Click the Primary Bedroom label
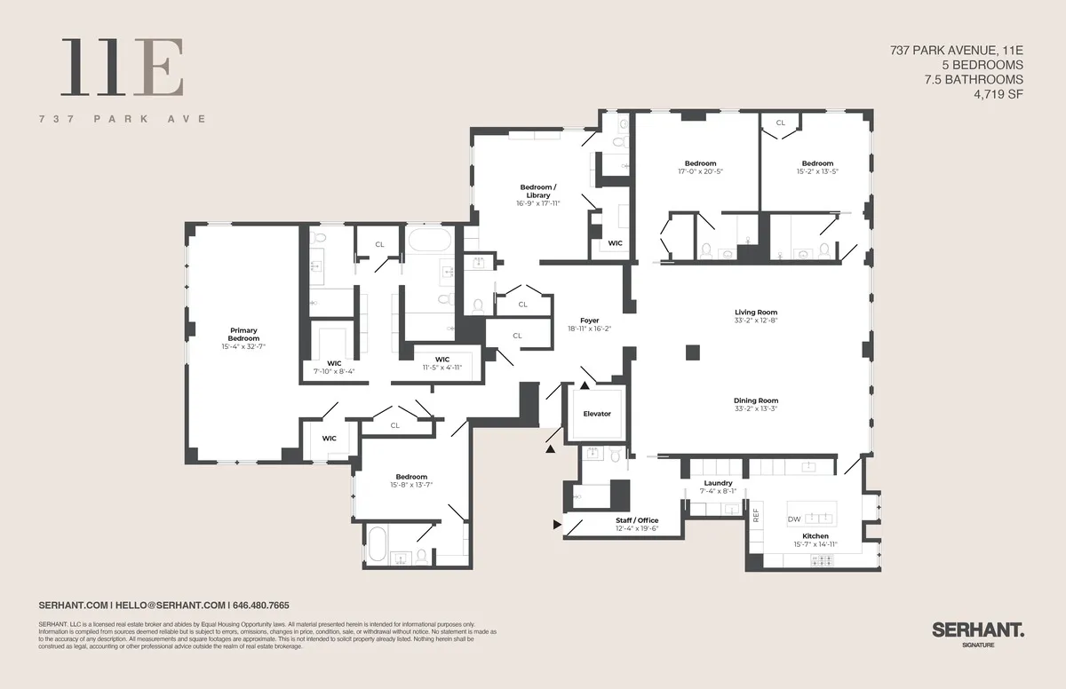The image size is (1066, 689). pos(243,334)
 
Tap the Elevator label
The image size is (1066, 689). pos(597,414)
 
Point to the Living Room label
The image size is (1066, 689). pos(756,313)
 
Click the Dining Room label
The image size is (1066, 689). pos(756,400)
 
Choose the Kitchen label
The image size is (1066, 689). pos(815,536)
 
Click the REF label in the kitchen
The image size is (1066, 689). pos(757,514)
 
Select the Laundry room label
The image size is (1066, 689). pos(718,483)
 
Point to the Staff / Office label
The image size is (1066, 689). pos(637,520)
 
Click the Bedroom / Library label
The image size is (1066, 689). pos(537,191)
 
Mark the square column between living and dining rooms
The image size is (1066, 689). pos(693,352)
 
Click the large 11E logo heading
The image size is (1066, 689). pos(123,67)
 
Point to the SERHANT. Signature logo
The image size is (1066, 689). pos(977,632)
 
